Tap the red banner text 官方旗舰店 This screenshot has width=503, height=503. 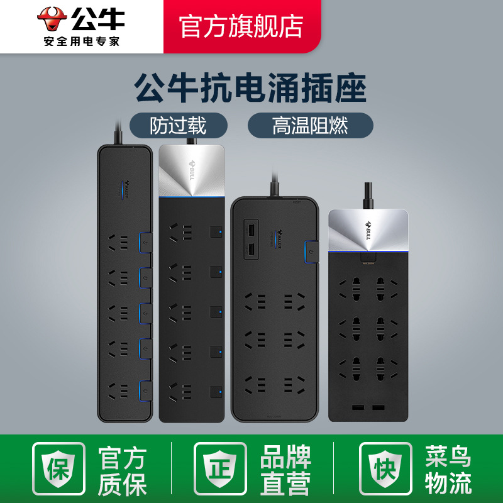tap(241, 26)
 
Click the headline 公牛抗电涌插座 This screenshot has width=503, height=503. tap(251, 89)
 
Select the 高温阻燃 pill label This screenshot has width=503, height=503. tap(310, 125)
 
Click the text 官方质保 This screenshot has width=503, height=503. tap(122, 470)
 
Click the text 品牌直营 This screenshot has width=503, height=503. tap(285, 470)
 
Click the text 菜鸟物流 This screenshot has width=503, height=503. tap(448, 470)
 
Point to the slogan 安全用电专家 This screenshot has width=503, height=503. tap(81, 41)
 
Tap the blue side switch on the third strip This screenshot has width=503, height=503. tap(311, 250)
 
